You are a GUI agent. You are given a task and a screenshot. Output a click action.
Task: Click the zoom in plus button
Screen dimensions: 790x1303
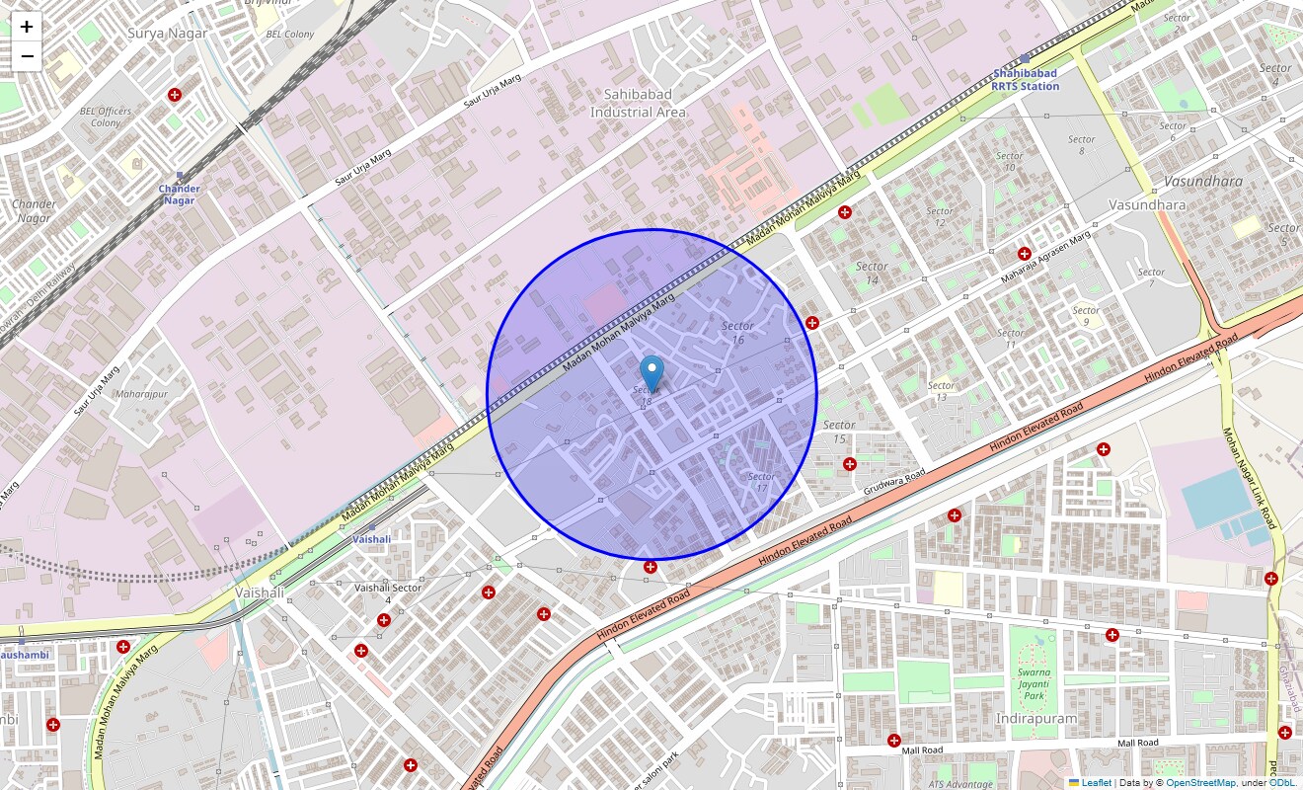tap(27, 27)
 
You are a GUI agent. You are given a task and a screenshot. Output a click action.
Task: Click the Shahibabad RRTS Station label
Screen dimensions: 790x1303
tap(1026, 79)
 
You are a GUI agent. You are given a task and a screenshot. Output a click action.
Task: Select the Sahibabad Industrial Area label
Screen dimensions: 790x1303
tap(638, 103)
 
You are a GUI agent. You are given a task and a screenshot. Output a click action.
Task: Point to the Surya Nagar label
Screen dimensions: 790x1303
tap(168, 33)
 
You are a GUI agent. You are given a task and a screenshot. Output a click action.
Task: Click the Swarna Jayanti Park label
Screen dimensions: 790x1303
tap(1034, 683)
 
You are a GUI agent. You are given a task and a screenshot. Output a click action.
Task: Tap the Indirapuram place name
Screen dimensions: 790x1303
tap(1035, 718)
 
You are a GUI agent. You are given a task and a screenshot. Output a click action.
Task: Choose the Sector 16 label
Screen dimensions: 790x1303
tap(737, 332)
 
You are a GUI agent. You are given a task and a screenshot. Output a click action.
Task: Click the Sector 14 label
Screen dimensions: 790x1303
tap(871, 273)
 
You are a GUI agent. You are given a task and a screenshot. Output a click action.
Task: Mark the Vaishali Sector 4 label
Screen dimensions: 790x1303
tap(388, 593)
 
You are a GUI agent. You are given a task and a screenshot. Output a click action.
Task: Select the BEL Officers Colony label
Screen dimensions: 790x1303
tap(106, 117)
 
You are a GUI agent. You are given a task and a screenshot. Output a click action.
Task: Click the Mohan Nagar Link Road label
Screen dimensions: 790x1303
tap(1250, 478)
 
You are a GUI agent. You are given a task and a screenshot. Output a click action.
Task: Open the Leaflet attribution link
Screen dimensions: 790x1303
tap(1096, 782)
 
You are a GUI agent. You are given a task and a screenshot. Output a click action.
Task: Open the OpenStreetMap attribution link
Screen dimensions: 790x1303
tap(1200, 782)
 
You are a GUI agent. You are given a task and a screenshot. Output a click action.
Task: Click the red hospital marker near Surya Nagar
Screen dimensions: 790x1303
tap(175, 95)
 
